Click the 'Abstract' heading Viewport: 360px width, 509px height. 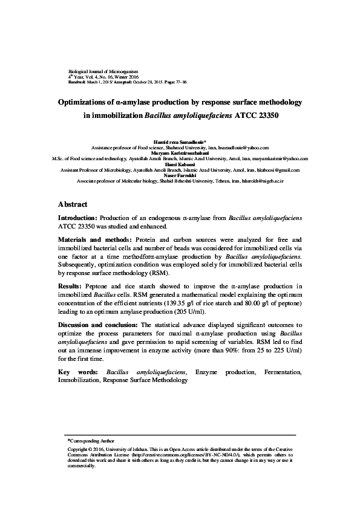coord(73,204)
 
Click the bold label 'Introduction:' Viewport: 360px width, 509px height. coord(77,217)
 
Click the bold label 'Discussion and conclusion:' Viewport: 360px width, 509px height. coord(98,325)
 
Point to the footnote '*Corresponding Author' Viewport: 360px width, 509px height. coord(90,441)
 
